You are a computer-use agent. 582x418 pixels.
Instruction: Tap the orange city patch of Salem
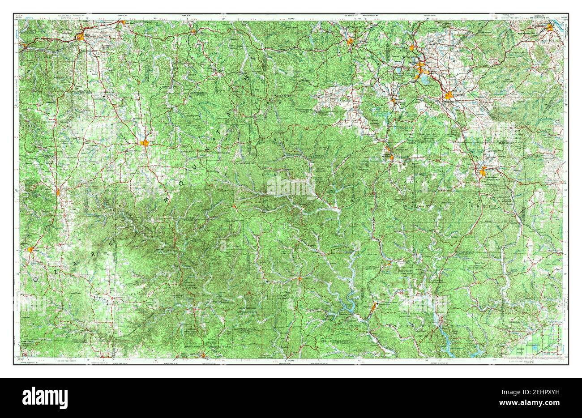pyautogui.click(x=144, y=143)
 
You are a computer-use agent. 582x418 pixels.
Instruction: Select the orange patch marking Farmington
pyautogui.click(x=450, y=95)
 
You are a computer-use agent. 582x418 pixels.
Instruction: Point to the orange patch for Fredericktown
pyautogui.click(x=483, y=171)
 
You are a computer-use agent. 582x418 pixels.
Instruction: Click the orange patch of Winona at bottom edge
pyautogui.click(x=205, y=356)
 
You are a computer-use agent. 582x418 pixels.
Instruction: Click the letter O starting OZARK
pyautogui.click(x=36, y=278)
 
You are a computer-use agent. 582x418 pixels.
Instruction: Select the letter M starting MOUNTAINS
pyautogui.click(x=167, y=197)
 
